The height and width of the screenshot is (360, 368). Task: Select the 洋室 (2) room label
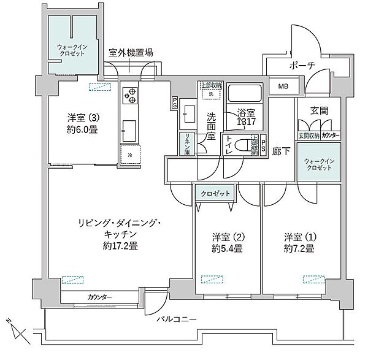point(225,237)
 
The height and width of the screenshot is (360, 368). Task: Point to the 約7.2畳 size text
point(299,248)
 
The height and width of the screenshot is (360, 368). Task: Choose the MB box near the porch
point(282,86)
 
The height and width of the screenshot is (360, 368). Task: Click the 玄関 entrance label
point(319,111)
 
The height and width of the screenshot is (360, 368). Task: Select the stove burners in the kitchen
point(130,95)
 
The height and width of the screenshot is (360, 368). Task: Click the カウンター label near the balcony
point(99,297)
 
